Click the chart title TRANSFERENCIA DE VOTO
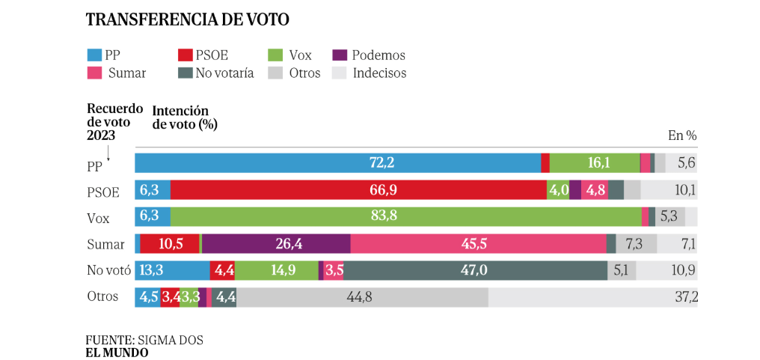[x=187, y=19]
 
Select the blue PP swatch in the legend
[x=94, y=55]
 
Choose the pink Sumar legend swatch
[x=94, y=73]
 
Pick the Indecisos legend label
[x=379, y=73]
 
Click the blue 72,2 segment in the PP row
[x=337, y=163]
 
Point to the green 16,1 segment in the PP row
[x=595, y=163]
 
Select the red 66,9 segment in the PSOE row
[x=359, y=190]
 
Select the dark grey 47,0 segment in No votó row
[x=476, y=270]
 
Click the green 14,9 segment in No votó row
[x=277, y=270]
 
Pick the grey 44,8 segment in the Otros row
[x=362, y=297]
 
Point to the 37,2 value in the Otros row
[x=686, y=297]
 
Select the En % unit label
[x=681, y=136]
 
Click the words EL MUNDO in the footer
[x=117, y=352]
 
